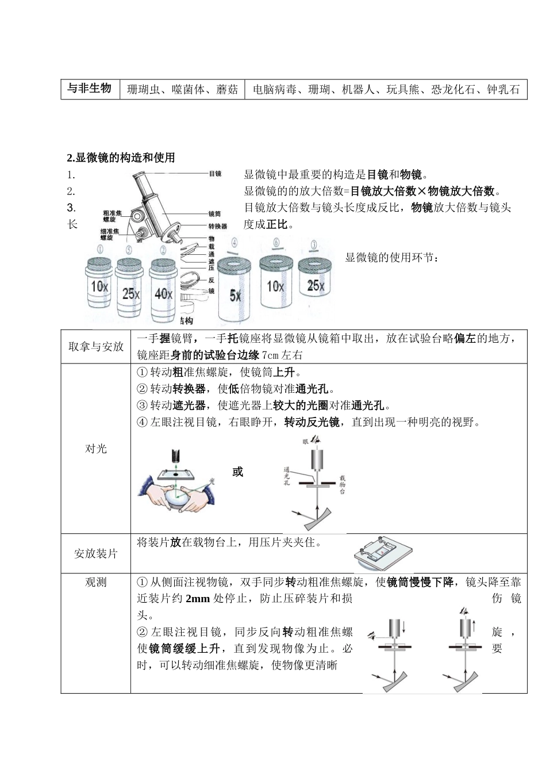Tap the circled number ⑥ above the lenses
[x=276, y=243]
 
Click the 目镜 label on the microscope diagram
[x=215, y=173]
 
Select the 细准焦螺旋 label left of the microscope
[x=110, y=234]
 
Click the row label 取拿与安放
[x=96, y=347]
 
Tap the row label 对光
[x=96, y=449]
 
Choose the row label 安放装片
[x=96, y=553]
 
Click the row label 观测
[x=96, y=582]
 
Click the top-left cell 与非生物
[x=89, y=89]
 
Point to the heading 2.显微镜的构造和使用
[x=121, y=158]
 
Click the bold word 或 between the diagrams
[x=238, y=472]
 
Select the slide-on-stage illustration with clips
[x=384, y=552]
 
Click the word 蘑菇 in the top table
[x=227, y=90]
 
